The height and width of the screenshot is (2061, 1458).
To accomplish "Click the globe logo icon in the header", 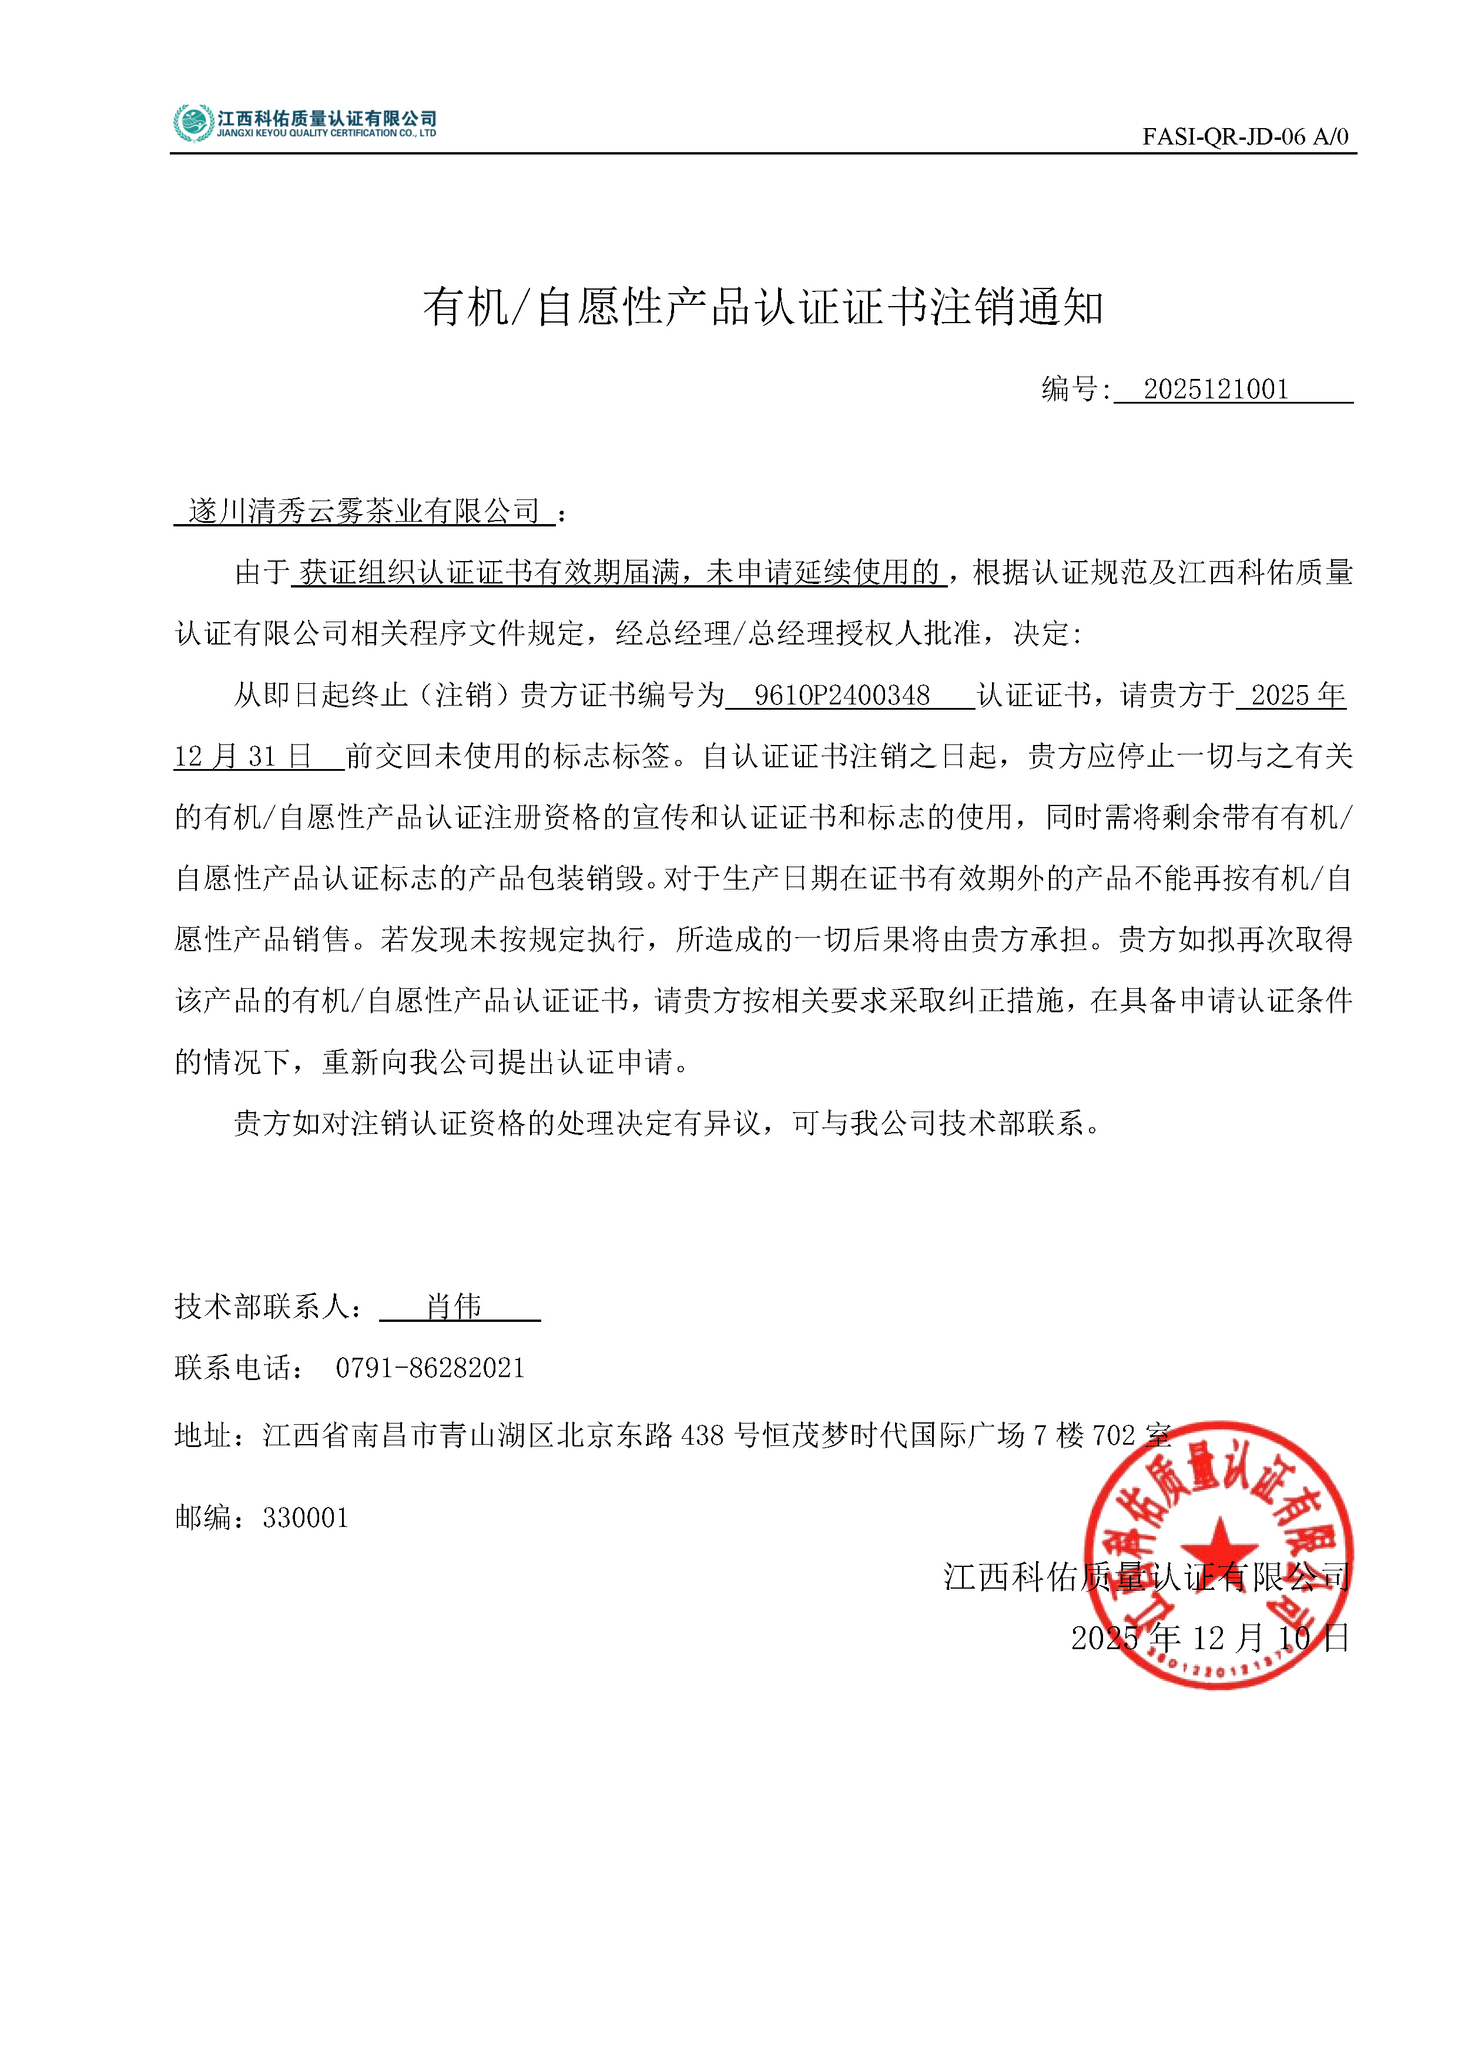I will pyautogui.click(x=193, y=123).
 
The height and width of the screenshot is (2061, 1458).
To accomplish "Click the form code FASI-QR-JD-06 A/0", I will pyautogui.click(x=1244, y=136).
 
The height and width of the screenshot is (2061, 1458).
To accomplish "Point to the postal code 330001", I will pyautogui.click(x=305, y=1518).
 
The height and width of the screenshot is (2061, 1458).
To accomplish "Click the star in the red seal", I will pyautogui.click(x=1218, y=1547).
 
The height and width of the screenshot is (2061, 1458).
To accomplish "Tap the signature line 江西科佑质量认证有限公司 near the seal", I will pyautogui.click(x=1147, y=1577).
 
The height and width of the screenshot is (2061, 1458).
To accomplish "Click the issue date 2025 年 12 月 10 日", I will pyautogui.click(x=1209, y=1638).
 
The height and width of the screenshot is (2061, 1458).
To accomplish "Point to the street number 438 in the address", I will pyautogui.click(x=702, y=1435).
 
